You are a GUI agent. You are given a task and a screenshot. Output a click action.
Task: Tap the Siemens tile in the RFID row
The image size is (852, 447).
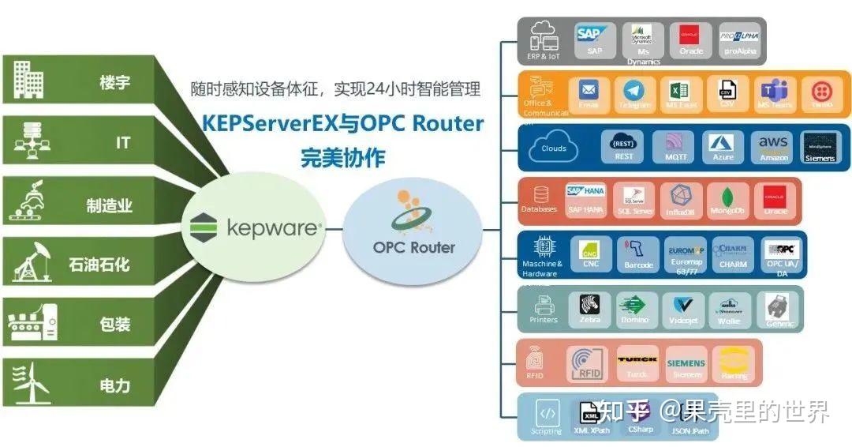[x=686, y=362]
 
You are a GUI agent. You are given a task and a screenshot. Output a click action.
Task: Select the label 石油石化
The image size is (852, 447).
[x=98, y=265]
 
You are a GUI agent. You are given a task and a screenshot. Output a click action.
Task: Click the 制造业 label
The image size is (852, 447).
[x=109, y=206]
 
